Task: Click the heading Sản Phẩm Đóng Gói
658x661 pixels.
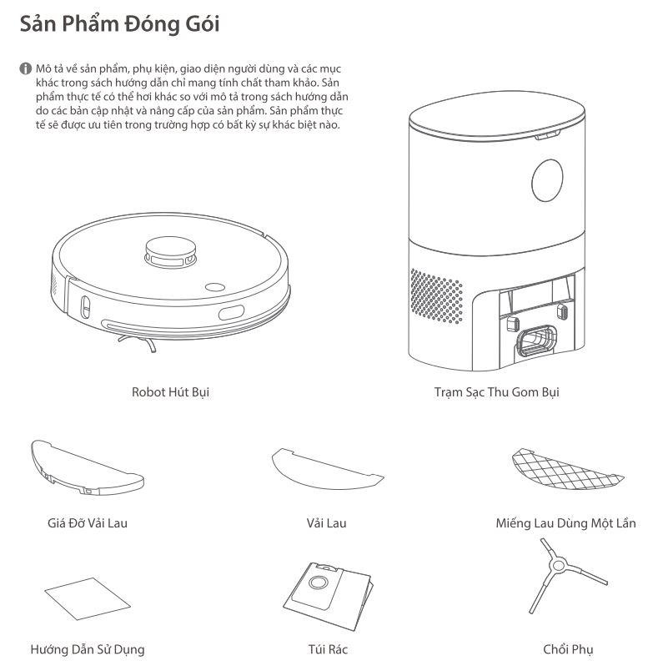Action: pyautogui.click(x=119, y=23)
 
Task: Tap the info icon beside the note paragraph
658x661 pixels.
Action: pyautogui.click(x=26, y=68)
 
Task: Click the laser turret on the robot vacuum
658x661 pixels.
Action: pyautogui.click(x=171, y=252)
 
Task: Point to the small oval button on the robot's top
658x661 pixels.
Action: pyautogui.click(x=215, y=287)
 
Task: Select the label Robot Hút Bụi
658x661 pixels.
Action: pyautogui.click(x=171, y=392)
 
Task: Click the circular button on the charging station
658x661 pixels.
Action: pyautogui.click(x=547, y=180)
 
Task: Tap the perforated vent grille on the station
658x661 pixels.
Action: pyautogui.click(x=436, y=296)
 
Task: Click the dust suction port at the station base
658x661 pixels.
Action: pyautogui.click(x=537, y=341)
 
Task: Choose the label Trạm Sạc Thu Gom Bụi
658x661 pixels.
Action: pyautogui.click(x=497, y=392)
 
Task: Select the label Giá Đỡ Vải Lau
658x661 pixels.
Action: pyautogui.click(x=88, y=523)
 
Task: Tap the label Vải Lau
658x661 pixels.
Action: pyautogui.click(x=326, y=523)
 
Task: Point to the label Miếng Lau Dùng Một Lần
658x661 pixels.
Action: pyautogui.click(x=565, y=523)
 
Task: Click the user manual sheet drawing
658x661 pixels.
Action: pyautogui.click(x=88, y=598)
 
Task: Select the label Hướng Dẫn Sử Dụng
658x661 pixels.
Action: pyautogui.click(x=88, y=649)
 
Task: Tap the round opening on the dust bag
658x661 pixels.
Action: pyautogui.click(x=318, y=583)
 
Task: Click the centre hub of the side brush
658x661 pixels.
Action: pyautogui.click(x=558, y=565)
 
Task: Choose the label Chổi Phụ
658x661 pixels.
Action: pyautogui.click(x=568, y=649)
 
